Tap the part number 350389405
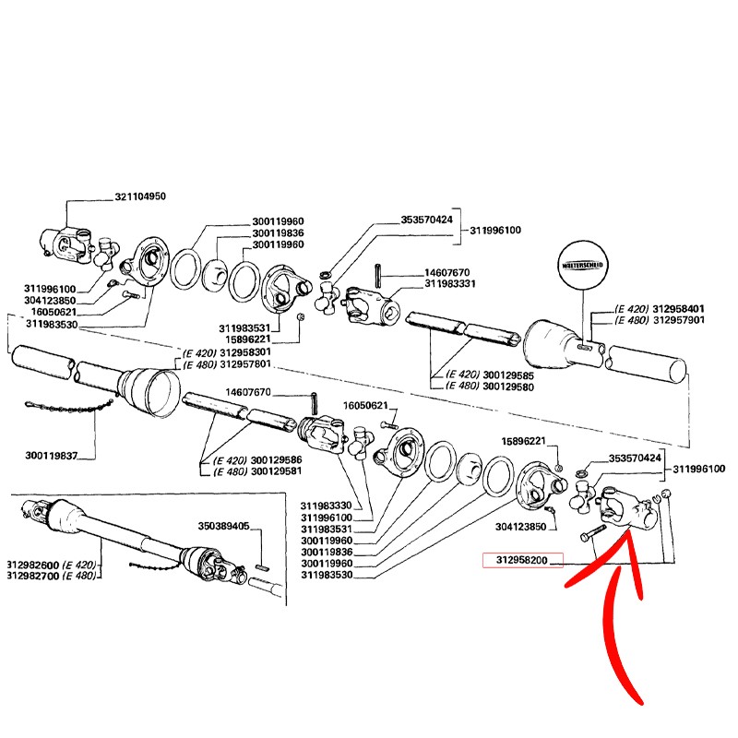224,526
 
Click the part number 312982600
33,565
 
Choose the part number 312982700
33,576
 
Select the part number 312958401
680,308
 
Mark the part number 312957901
680,320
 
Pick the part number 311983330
328,506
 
